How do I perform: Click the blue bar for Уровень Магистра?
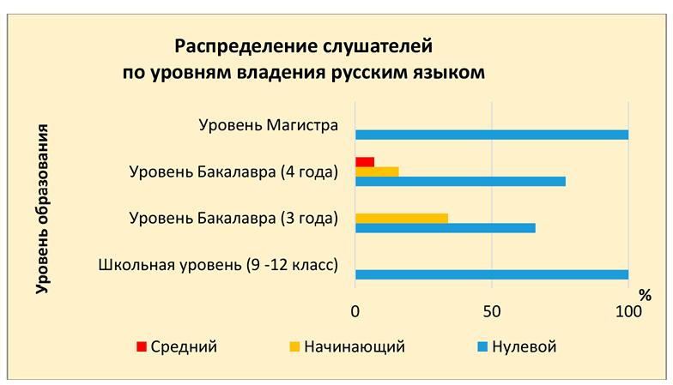[491, 135]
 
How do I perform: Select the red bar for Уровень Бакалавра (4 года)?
[365, 162]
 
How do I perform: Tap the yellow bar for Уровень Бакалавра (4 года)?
[377, 171]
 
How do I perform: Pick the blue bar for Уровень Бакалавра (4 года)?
[460, 181]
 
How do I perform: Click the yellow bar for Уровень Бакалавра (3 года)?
[402, 219]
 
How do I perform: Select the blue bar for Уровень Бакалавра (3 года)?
[445, 228]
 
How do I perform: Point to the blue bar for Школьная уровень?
[491, 274]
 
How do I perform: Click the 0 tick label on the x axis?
[355, 310]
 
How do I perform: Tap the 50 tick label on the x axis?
[491, 310]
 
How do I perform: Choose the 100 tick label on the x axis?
[628, 310]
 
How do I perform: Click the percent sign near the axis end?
[645, 295]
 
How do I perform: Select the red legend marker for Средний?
[142, 347]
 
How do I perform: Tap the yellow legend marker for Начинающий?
[294, 347]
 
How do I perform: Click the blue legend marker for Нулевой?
[482, 347]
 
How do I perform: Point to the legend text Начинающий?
[354, 347]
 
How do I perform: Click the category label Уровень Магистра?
[267, 125]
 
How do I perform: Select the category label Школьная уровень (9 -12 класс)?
[218, 264]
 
